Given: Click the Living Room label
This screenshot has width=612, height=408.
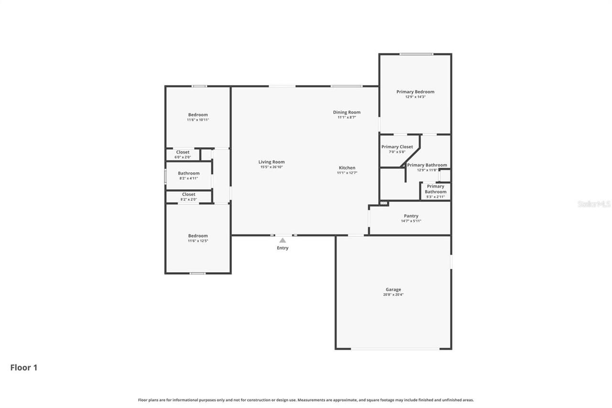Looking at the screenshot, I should [x=272, y=162].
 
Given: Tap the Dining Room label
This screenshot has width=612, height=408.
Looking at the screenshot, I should [x=347, y=112].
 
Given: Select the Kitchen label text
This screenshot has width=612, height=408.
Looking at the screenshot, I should [x=347, y=168].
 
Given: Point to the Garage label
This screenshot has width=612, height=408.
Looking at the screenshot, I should [x=393, y=289].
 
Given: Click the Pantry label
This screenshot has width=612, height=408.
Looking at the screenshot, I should [x=411, y=216].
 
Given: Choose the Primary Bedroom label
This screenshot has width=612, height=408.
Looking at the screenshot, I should [x=415, y=92].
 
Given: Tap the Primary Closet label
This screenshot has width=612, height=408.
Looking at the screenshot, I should [x=397, y=147].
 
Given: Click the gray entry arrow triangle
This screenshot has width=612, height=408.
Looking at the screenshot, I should [x=283, y=240].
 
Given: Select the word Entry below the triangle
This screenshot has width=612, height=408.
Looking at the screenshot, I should [x=283, y=248].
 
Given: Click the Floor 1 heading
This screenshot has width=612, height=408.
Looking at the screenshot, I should [x=24, y=367].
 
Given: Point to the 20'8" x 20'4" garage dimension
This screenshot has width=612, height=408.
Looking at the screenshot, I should [x=393, y=295].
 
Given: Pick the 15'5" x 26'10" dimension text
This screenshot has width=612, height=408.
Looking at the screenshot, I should [x=272, y=167].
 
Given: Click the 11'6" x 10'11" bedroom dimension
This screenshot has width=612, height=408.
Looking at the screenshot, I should [x=198, y=120].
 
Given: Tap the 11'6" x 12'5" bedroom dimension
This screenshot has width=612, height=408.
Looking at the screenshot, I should [x=198, y=241].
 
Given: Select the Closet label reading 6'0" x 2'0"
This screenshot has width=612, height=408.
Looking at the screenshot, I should [x=183, y=152].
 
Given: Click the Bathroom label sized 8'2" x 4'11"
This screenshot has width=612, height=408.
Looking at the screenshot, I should [x=188, y=173].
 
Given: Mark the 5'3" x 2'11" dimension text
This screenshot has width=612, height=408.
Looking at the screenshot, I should [x=436, y=197].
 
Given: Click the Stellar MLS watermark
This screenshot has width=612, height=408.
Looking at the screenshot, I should [x=594, y=204].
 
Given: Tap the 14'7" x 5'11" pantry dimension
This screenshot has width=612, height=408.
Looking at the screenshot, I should [x=411, y=221].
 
